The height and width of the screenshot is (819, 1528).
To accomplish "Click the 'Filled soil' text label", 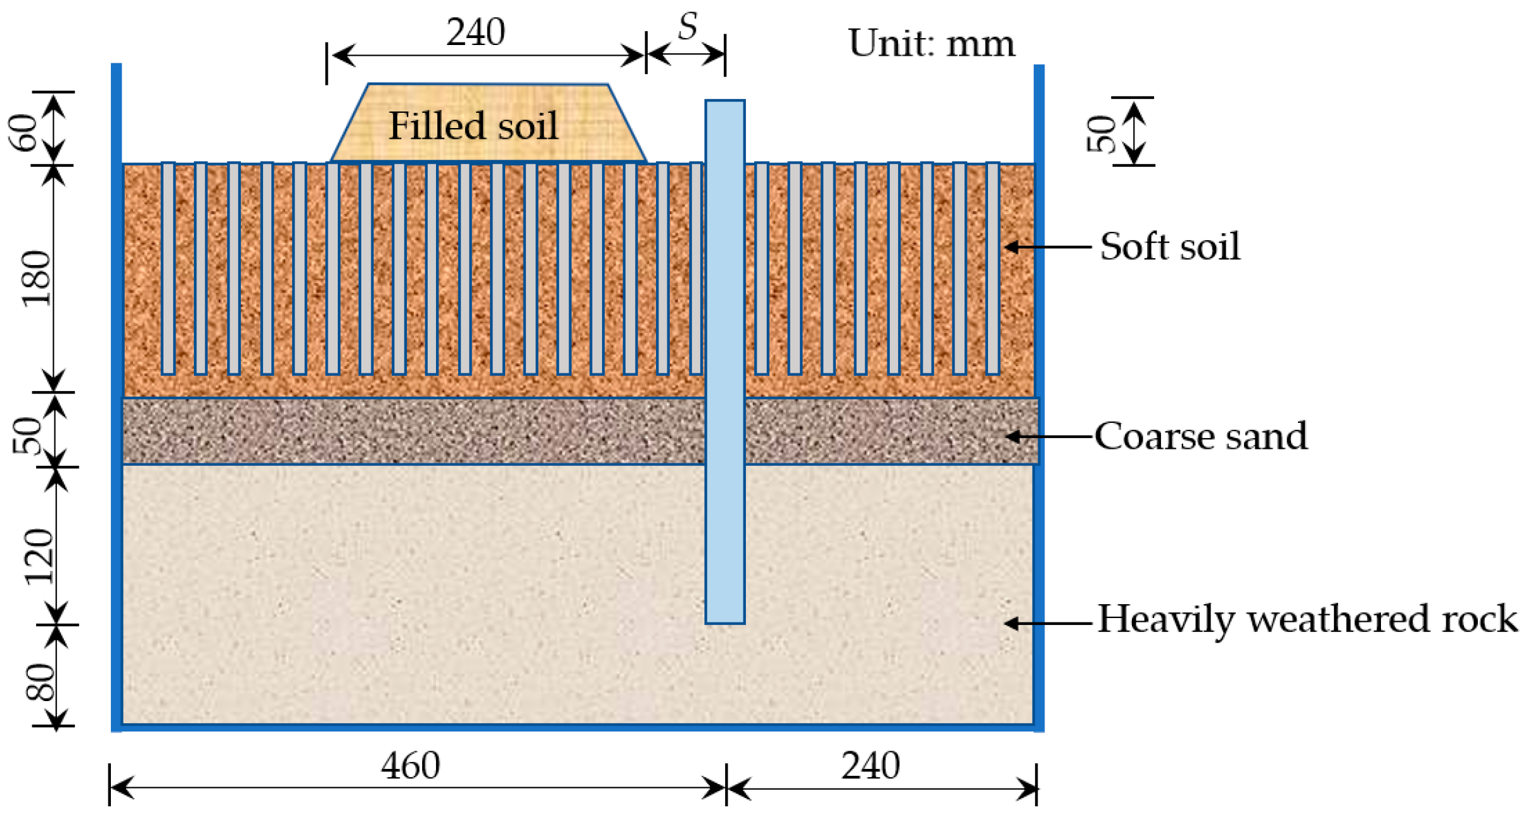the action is coord(473,126).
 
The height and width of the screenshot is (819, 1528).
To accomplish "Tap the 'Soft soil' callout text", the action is coord(1169,246).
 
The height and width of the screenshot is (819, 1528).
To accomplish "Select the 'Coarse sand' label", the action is coord(1200,436).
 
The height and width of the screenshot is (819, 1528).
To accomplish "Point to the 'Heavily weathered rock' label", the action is coord(1307,619).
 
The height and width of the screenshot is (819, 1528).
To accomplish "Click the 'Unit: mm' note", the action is coord(931,43).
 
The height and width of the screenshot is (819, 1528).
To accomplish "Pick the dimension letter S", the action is coord(688,27).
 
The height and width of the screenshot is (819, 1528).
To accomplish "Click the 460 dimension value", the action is coord(410,766).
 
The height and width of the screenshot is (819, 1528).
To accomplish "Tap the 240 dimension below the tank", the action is coord(870,766).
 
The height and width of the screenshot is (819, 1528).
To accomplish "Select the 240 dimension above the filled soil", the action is coord(475,32).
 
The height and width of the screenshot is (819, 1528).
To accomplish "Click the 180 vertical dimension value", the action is coord(36,279).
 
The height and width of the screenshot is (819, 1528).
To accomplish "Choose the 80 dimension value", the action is coord(40,682).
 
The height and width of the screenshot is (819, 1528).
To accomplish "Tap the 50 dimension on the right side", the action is coord(1101,134).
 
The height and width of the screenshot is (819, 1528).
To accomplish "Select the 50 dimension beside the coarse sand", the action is coord(27,435).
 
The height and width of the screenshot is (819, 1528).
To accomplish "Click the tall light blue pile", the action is coord(724,361).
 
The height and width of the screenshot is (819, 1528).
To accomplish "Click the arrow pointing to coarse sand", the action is coord(1049,436).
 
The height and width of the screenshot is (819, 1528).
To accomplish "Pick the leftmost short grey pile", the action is coord(168,268).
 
